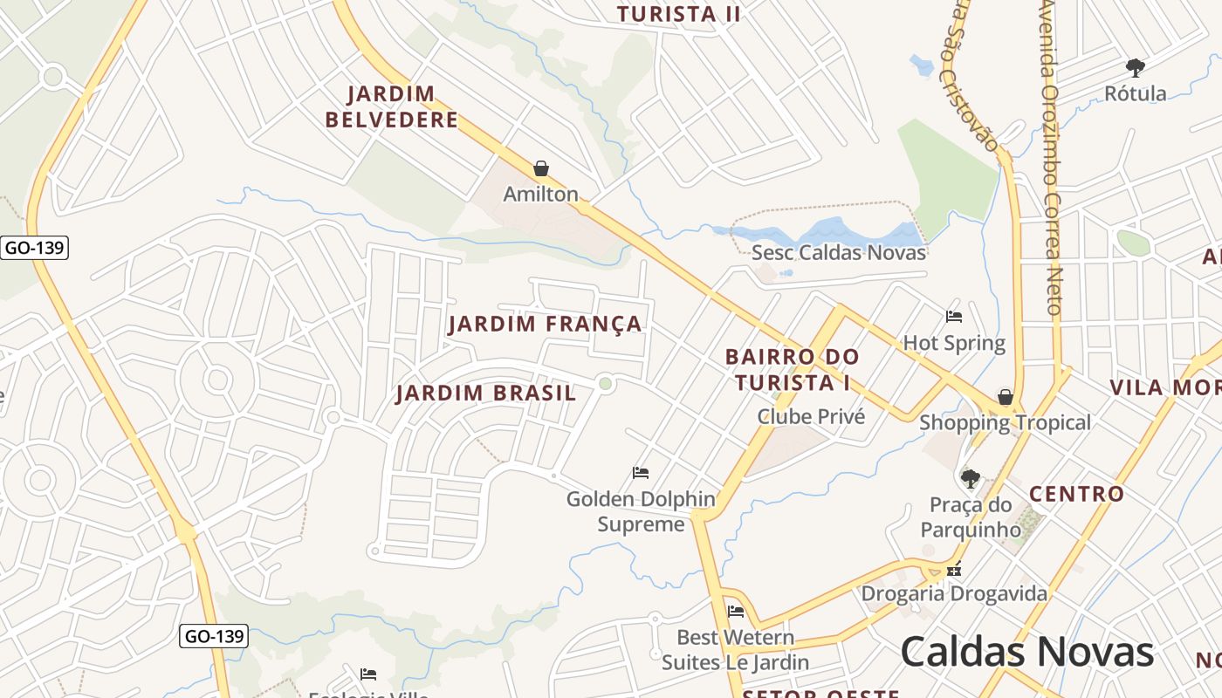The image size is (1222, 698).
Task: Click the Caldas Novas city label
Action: (x=1026, y=652)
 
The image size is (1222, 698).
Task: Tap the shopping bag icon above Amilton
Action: (x=541, y=168)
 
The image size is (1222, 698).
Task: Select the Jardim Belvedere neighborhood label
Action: (x=392, y=106)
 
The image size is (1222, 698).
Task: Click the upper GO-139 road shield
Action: (x=34, y=248)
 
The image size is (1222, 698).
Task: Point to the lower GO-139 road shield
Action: (x=214, y=636)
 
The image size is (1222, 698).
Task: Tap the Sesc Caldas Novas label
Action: (x=838, y=253)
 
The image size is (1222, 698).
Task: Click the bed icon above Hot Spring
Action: (x=954, y=317)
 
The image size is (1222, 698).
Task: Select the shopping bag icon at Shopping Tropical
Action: (x=1006, y=397)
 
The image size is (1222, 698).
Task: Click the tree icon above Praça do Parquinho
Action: (x=970, y=478)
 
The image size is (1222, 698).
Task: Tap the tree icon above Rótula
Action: (x=1135, y=67)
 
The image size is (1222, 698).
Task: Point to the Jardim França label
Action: (x=545, y=325)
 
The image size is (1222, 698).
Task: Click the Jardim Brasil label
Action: (x=486, y=393)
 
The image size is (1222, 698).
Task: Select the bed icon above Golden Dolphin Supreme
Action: (x=641, y=473)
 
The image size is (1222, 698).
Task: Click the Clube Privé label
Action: (x=811, y=416)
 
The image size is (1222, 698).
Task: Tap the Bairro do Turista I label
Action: (x=793, y=370)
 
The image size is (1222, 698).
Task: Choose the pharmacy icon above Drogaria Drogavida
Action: (x=954, y=570)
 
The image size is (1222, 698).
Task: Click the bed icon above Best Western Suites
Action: (x=736, y=611)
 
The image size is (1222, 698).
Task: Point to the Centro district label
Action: (x=1076, y=494)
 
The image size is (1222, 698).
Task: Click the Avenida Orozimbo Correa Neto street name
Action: (x=1051, y=157)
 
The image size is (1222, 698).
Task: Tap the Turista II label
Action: (x=678, y=14)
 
